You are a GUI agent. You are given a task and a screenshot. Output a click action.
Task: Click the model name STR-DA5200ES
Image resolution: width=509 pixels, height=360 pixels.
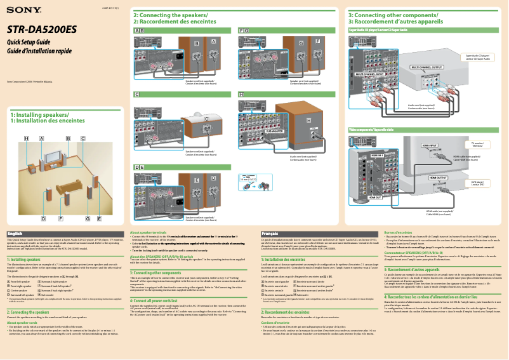(x=41, y=29)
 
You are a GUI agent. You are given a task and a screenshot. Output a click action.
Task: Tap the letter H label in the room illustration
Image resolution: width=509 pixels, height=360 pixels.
(x=27, y=138)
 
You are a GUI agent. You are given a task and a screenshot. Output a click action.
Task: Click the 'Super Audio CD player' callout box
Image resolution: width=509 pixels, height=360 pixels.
(x=477, y=57)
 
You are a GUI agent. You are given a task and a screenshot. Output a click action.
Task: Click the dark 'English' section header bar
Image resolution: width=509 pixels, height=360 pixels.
(x=63, y=233)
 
